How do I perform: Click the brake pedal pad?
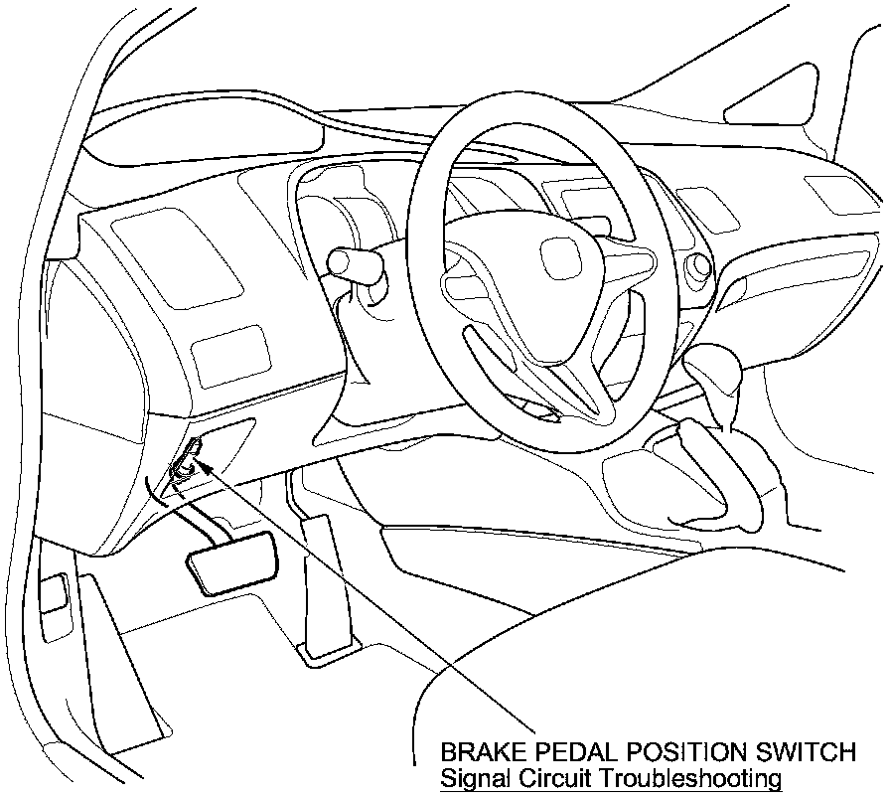[x=229, y=562]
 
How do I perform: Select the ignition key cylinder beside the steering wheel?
[x=698, y=264]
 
